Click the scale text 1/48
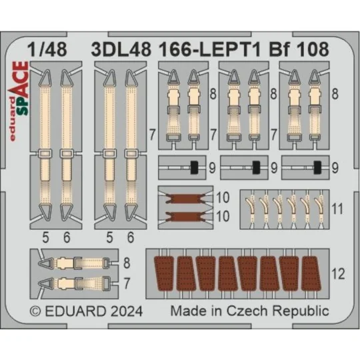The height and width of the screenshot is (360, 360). (x=47, y=49)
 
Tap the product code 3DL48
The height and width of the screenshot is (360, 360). (x=121, y=49)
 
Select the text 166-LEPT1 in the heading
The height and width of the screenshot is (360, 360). (x=209, y=49)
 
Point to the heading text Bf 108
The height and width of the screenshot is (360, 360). (x=299, y=49)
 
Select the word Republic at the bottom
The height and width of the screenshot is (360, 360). (x=301, y=312)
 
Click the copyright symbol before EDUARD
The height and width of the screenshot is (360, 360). (x=35, y=312)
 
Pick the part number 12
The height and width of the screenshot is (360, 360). (x=338, y=274)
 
